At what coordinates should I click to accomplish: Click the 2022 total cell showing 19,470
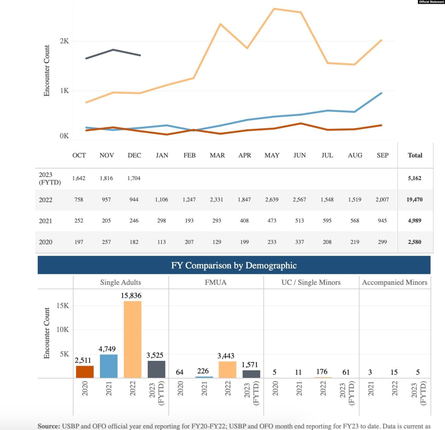[x=415, y=200]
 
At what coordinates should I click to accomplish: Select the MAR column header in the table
[x=217, y=155]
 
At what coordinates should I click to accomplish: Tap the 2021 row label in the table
[x=46, y=221]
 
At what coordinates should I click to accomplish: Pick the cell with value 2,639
[x=272, y=200]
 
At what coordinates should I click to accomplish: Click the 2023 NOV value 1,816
[x=106, y=178]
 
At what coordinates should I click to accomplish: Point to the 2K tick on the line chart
[x=64, y=41]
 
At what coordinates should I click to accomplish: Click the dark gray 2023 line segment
[x=113, y=50]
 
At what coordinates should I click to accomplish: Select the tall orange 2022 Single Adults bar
[x=133, y=339]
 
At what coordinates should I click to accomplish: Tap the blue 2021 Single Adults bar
[x=109, y=366]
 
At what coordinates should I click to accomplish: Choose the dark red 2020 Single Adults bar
[x=85, y=372]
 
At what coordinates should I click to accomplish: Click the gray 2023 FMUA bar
[x=251, y=374]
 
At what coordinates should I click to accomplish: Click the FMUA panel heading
[x=216, y=283]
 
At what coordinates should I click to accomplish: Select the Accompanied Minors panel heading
[x=395, y=283]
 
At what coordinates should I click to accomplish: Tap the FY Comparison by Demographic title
[x=234, y=265]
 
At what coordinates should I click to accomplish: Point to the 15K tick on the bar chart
[x=63, y=306]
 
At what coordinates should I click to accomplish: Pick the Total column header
[x=415, y=155]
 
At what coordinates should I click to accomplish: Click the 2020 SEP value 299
[x=382, y=242]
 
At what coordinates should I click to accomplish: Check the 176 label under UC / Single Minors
[x=322, y=372]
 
